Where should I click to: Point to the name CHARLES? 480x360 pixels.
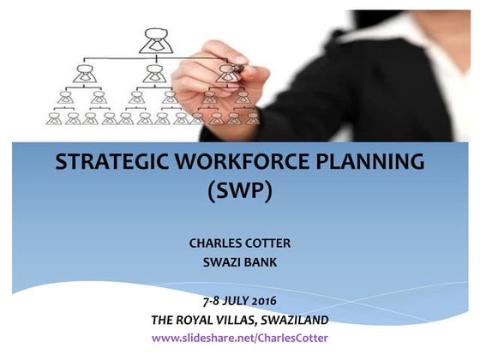point(215,243)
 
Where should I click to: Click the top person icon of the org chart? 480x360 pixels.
point(155,38)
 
